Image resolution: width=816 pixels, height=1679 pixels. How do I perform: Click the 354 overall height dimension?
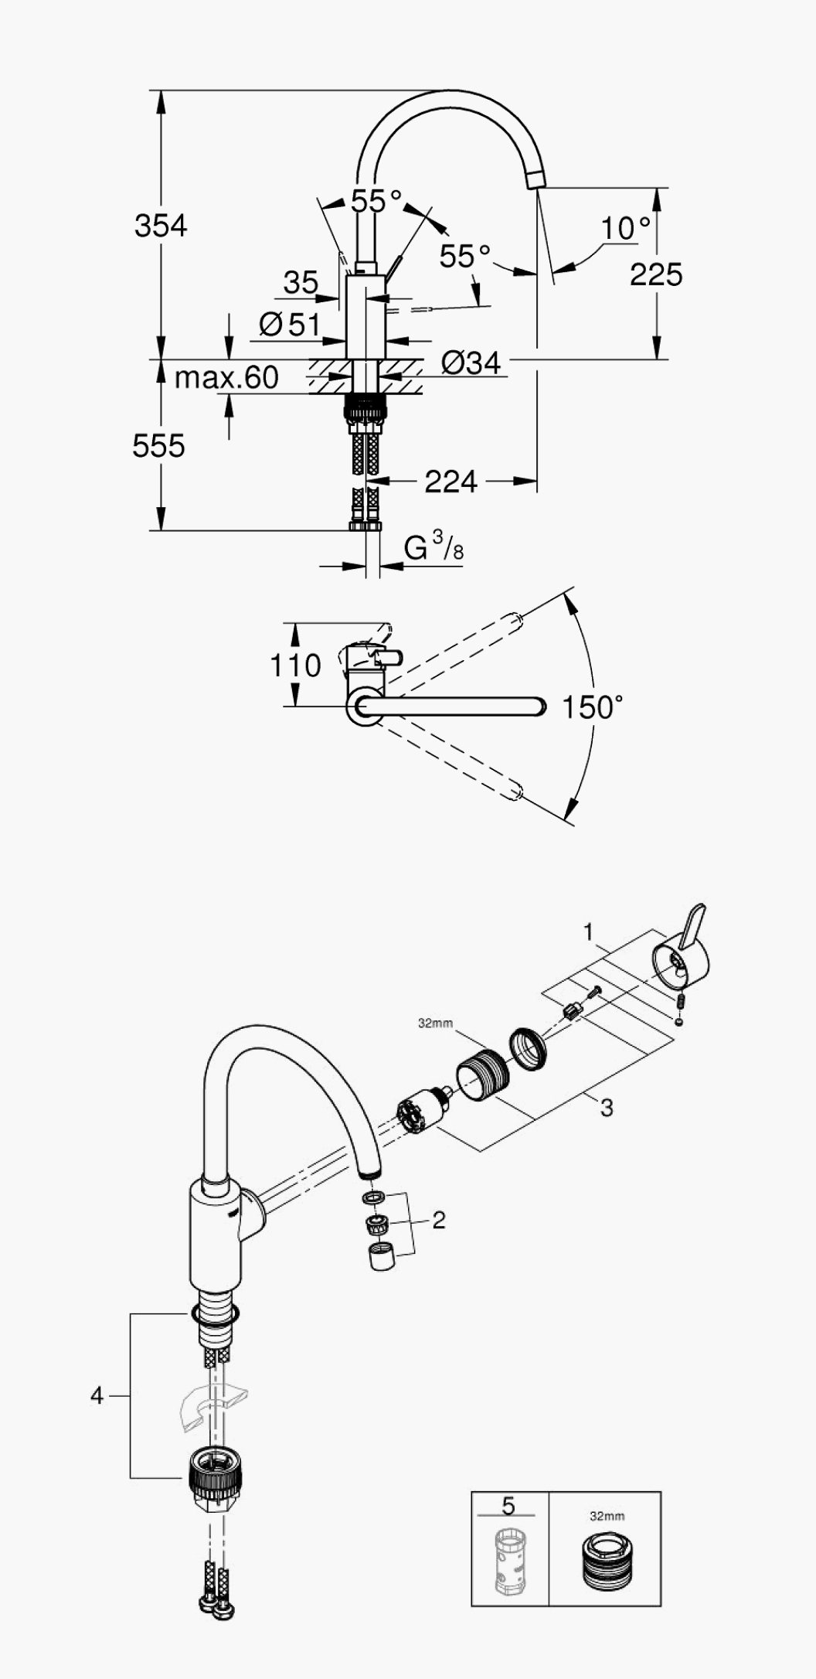(x=161, y=226)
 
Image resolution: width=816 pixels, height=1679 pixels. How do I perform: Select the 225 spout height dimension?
(x=656, y=274)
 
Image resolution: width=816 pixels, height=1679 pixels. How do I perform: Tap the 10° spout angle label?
(x=626, y=228)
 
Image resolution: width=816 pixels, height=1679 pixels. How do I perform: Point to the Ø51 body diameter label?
(x=290, y=325)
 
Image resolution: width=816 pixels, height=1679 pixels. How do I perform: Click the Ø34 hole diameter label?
(x=471, y=362)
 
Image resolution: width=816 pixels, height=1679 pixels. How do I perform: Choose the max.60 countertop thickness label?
(x=226, y=377)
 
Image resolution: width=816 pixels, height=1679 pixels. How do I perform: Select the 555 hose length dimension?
(x=158, y=446)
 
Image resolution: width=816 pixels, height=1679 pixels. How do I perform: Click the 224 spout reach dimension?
(x=451, y=482)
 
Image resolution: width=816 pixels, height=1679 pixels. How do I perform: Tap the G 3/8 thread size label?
(x=434, y=547)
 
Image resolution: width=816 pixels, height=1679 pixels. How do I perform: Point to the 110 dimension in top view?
(x=295, y=665)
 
